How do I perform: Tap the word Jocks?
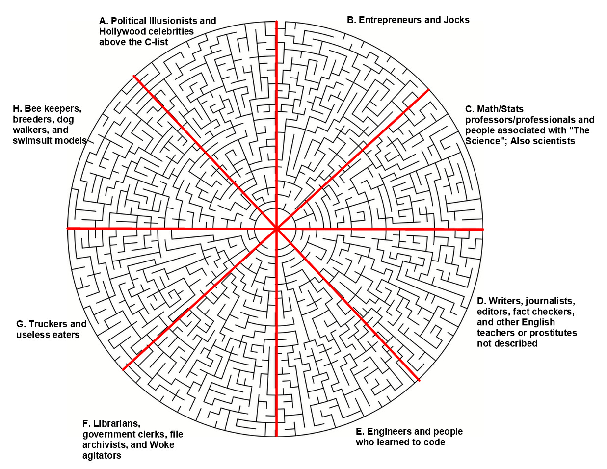[456, 20]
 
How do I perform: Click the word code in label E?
[434, 442]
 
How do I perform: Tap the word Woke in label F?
[161, 445]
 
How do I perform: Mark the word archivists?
[104, 445]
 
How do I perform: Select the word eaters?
[66, 335]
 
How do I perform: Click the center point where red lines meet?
[277, 229]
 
